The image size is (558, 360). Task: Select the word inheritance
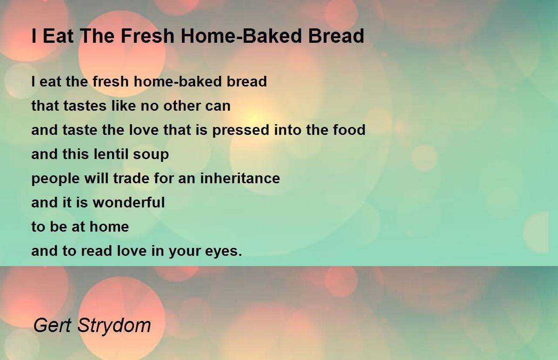click(x=240, y=178)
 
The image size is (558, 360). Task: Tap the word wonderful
click(x=129, y=202)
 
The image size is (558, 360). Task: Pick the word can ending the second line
click(x=218, y=106)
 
